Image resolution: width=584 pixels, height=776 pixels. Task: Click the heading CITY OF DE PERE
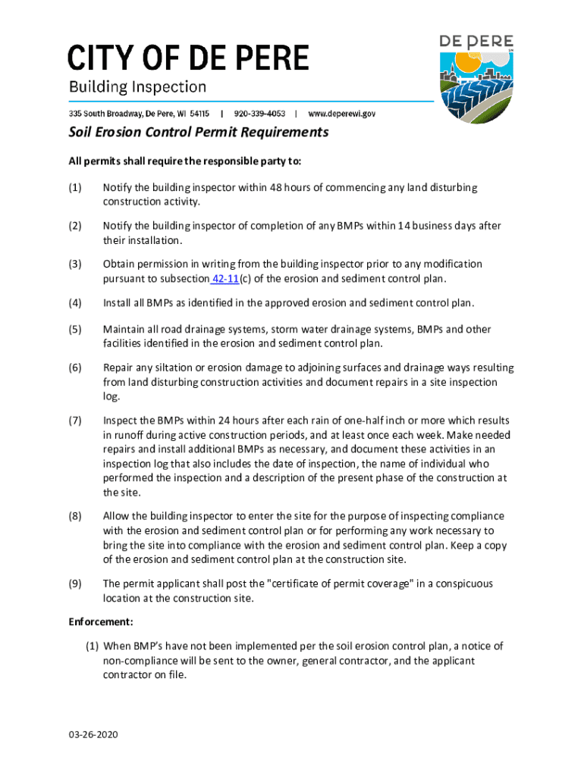(x=189, y=58)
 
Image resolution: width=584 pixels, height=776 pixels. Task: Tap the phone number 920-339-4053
(x=260, y=114)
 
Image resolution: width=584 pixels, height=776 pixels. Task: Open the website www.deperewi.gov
(x=341, y=114)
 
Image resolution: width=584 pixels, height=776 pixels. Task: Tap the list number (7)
(x=75, y=421)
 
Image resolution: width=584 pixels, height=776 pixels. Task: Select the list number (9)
(x=75, y=584)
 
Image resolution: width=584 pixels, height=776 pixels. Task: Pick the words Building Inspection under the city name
(x=137, y=87)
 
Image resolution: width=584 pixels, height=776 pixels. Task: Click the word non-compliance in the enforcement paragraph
(x=134, y=660)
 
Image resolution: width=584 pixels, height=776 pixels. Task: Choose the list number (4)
(x=75, y=303)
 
